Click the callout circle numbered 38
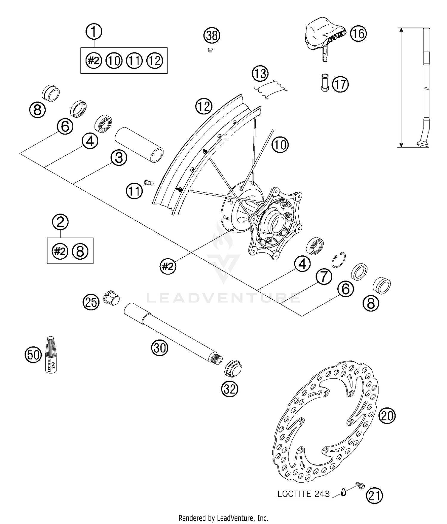point(212,35)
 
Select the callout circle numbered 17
point(340,84)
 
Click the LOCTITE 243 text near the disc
point(303,494)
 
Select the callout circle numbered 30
point(160,348)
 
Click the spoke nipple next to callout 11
point(148,182)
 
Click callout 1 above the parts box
point(94,32)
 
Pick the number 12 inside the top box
point(155,61)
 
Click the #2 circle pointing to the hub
point(167,266)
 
